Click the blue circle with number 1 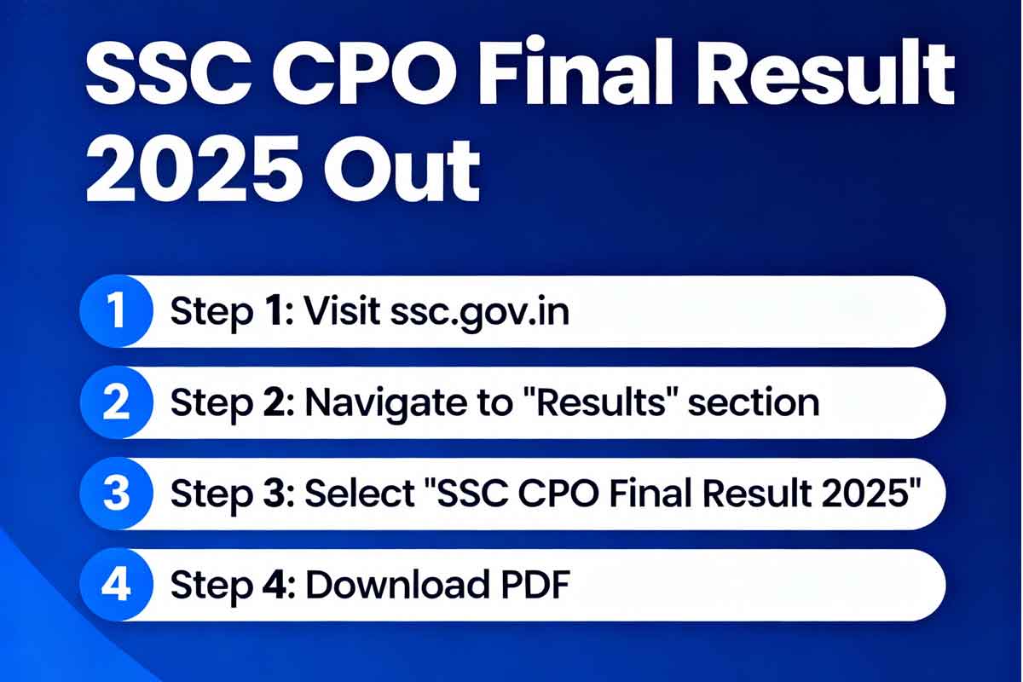click(x=117, y=311)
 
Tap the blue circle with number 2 click(x=117, y=402)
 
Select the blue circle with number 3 click(x=117, y=494)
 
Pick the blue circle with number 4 click(x=117, y=585)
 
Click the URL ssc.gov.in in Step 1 click(x=480, y=314)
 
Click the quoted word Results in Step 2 click(x=599, y=402)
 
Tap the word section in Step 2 click(x=754, y=402)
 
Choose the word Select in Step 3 click(x=360, y=494)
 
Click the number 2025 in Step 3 click(x=865, y=494)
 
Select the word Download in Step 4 click(x=397, y=585)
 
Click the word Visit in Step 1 click(x=342, y=310)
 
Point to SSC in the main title click(x=169, y=72)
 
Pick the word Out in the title click(x=402, y=169)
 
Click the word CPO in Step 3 click(x=558, y=494)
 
